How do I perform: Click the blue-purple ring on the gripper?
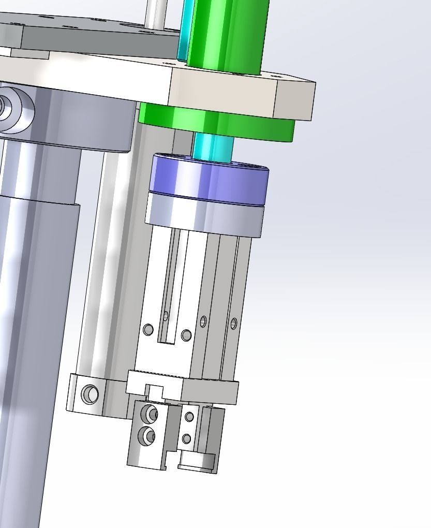coord(207,179)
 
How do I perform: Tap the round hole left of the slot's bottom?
coord(148,329)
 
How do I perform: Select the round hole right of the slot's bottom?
coord(186,335)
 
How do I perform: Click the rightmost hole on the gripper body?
coord(234,324)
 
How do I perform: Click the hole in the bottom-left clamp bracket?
coord(90,394)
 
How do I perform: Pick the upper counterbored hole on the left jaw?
coord(150,414)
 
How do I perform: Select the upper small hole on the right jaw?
coord(189,417)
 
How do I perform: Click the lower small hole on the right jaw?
coord(187,439)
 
